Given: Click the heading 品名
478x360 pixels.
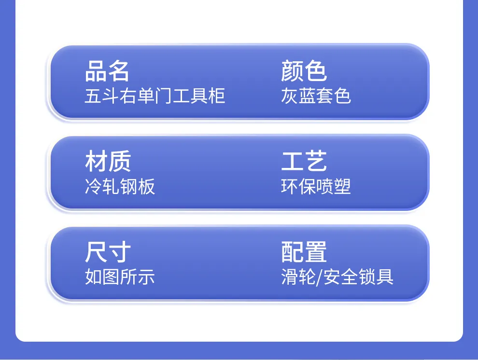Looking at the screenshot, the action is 107,71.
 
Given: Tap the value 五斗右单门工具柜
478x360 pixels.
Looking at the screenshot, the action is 155,96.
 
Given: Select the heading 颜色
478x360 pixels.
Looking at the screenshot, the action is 304,71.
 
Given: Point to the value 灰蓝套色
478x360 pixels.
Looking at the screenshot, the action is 316,96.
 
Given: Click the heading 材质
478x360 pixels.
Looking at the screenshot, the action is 108,161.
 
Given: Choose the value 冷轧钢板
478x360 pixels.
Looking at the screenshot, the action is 120,186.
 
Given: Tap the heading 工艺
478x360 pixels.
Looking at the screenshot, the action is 304,161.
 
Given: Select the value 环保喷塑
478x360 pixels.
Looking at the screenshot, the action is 316,186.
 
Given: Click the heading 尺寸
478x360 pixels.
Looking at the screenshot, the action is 108,251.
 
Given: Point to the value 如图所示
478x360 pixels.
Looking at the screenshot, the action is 120,277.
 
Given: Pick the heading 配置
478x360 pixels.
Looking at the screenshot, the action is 304,251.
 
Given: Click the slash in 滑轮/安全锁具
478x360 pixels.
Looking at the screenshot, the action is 319,277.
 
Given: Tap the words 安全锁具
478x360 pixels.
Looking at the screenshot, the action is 358,277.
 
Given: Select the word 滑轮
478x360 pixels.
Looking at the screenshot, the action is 298,277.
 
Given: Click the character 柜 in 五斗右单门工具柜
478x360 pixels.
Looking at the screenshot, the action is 217,96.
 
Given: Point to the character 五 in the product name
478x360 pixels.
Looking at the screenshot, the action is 93,96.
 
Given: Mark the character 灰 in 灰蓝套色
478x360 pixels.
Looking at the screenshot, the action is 290,96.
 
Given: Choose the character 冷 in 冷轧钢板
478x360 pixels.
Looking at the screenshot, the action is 93,186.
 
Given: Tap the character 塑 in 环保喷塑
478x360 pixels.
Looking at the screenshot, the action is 342,186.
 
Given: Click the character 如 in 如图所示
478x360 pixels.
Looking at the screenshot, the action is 93,277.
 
